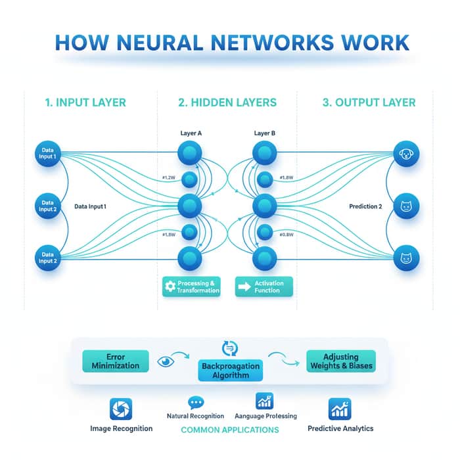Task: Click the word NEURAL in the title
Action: coord(160,43)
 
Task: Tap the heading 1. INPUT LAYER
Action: coord(85,103)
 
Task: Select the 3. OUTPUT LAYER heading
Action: coord(369,103)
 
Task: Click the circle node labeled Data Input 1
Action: coord(48,154)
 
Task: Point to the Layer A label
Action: coord(191,133)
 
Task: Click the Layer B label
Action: coord(265,133)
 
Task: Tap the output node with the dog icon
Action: coord(406,154)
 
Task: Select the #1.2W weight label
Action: coord(169,177)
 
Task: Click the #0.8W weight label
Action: coord(287,235)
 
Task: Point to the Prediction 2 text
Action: coord(365,206)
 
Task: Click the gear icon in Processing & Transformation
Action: coord(170,286)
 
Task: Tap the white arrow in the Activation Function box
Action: coord(244,287)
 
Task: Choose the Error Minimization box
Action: coord(116,361)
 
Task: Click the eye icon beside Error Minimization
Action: coord(166,361)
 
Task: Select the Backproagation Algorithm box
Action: coord(231,371)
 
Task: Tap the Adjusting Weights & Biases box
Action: coord(341,361)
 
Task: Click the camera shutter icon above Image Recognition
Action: coord(121,409)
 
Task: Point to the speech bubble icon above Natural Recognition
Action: coord(196,402)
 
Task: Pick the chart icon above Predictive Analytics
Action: coord(340,409)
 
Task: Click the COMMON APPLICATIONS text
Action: coord(230,430)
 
